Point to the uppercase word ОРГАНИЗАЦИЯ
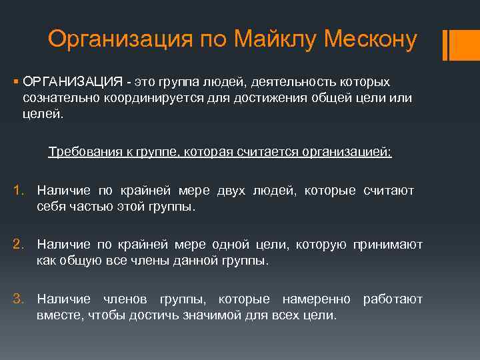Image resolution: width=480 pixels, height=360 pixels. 71,81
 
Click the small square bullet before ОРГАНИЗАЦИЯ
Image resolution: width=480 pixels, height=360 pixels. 15,81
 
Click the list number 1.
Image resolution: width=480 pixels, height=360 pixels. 19,191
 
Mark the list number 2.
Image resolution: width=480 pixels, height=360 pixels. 19,245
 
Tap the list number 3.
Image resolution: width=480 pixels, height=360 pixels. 19,299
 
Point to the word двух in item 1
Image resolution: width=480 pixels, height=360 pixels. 231,191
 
